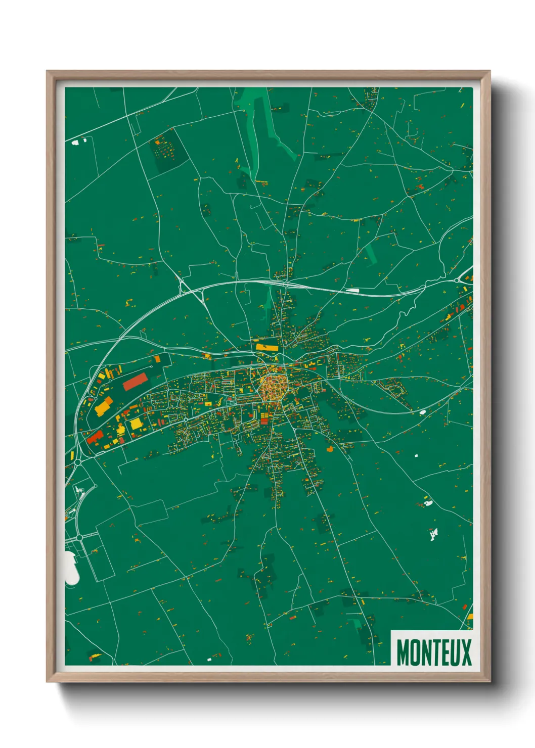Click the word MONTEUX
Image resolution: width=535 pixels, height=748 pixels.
pyautogui.click(x=433, y=652)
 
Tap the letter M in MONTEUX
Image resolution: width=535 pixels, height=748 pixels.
pyautogui.click(x=403, y=652)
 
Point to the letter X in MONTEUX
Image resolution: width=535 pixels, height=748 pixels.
pyautogui.click(x=466, y=652)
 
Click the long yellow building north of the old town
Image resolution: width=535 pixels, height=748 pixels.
pyautogui.click(x=266, y=347)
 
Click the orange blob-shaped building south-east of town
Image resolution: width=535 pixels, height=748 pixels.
pyautogui.click(x=330, y=448)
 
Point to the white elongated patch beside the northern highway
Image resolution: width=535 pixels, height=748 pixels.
pyautogui.click(x=352, y=291)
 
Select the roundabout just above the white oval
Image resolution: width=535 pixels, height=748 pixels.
pyautogui.click(x=79, y=537)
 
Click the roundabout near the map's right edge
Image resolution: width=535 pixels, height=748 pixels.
pyautogui.click(x=458, y=279)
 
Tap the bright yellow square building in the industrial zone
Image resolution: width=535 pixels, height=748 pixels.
pyautogui.click(x=136, y=424)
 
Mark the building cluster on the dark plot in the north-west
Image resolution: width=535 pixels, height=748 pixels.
pyautogui.click(x=165, y=148)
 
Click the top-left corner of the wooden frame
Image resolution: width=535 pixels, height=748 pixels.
pyautogui.click(x=48, y=72)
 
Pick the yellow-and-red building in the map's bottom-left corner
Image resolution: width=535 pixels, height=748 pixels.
pyautogui.click(x=94, y=657)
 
